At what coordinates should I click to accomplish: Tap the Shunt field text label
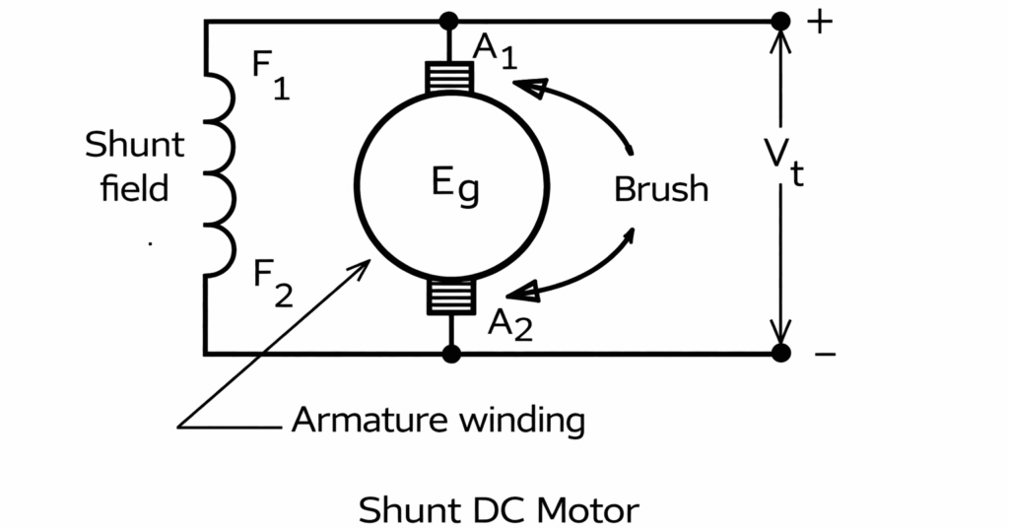[x=134, y=165]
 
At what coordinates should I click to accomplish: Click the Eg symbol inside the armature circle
[x=456, y=187]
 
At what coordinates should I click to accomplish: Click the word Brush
[x=660, y=189]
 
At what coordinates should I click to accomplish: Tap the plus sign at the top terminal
[x=820, y=22]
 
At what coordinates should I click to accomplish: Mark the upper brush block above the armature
[x=450, y=76]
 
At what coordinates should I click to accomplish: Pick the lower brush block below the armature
[x=450, y=297]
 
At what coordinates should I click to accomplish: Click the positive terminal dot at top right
[x=780, y=21]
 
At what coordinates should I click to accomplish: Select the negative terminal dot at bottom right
[x=780, y=353]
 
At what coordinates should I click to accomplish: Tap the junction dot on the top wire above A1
[x=450, y=21]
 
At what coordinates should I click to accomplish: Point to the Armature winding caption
[x=437, y=422]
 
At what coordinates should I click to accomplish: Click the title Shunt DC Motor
[x=498, y=511]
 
